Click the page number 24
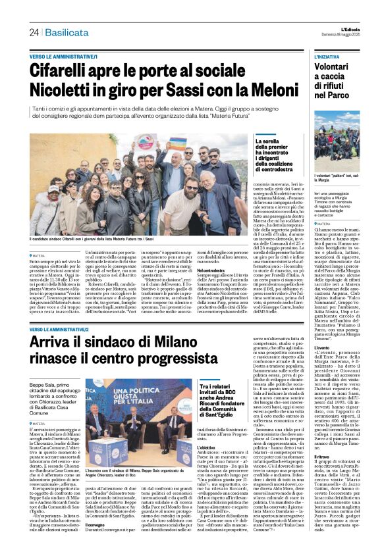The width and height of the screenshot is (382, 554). pyautogui.click(x=34, y=32)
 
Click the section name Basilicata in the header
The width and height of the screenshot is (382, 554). pyautogui.click(x=67, y=32)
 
